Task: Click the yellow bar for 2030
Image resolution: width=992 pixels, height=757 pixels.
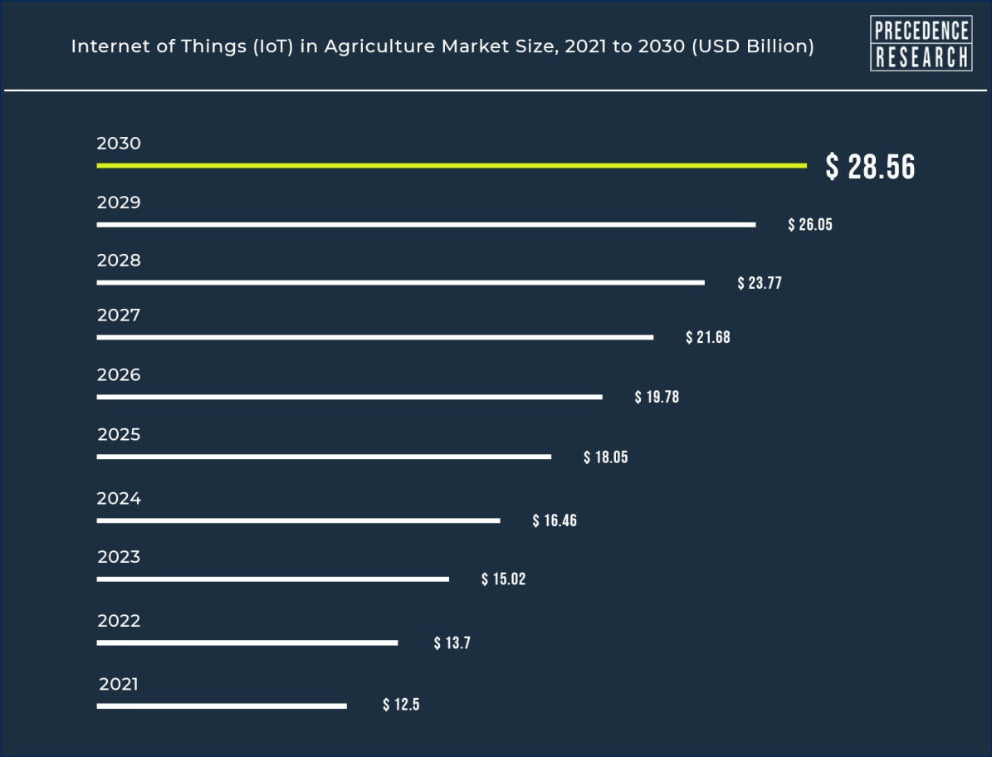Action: pos(451,166)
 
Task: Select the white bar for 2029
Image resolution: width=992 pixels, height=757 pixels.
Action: pos(426,224)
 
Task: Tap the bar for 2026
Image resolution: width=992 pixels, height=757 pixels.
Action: pos(349,397)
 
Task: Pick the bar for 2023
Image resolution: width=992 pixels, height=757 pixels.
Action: pos(272,579)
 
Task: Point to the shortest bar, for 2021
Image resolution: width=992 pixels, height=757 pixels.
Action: pos(222,706)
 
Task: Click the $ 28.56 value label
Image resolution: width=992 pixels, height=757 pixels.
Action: pos(870,168)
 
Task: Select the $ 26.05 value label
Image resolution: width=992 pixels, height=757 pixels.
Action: pos(809,225)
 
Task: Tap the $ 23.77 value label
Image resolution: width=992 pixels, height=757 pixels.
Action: pos(760,283)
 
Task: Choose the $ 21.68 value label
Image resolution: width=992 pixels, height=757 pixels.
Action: pos(708,338)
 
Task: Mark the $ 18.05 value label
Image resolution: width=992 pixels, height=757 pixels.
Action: pos(606,457)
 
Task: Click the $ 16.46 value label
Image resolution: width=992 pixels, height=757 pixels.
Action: pos(555,521)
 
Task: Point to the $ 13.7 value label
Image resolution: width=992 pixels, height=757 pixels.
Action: pos(452,643)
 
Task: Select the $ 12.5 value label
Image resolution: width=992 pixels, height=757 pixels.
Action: pos(401,706)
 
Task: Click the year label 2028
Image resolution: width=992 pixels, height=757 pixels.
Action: pos(119,261)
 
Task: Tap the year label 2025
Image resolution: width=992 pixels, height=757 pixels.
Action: pos(119,435)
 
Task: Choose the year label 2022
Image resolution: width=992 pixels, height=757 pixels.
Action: pos(119,621)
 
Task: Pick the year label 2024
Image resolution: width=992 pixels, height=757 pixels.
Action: pos(119,499)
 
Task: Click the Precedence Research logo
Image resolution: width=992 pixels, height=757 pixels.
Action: pos(921,43)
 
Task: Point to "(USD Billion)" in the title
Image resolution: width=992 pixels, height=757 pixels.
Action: pos(750,46)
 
